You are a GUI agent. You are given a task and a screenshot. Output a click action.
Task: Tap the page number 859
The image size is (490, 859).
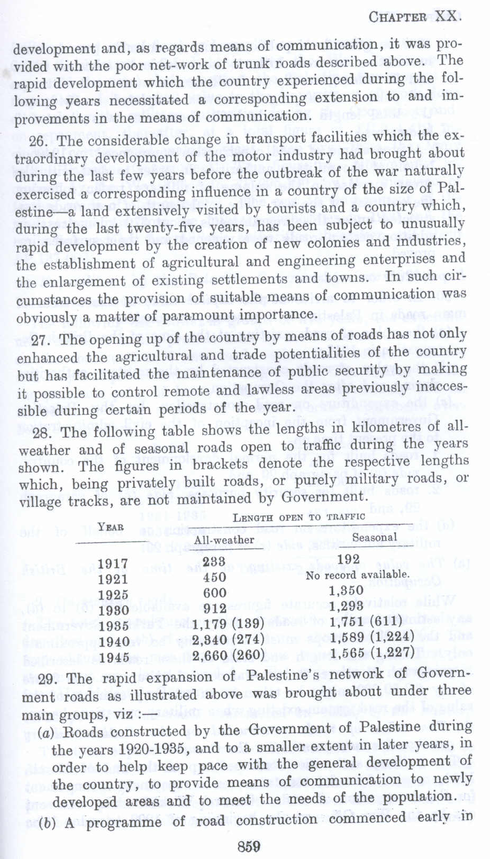pos(249,845)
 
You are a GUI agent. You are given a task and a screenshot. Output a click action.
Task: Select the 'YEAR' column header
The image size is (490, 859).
pos(111,526)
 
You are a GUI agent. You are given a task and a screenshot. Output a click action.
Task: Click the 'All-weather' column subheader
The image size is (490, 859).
pos(224,540)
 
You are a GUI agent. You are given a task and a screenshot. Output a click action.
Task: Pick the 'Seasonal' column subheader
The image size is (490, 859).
pos(375,537)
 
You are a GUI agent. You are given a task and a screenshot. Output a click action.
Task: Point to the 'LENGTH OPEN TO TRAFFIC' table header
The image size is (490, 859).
pos(298,517)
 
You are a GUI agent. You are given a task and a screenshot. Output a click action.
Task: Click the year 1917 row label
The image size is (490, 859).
pos(113,563)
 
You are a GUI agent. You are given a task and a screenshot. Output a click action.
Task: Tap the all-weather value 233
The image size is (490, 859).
pos(214,561)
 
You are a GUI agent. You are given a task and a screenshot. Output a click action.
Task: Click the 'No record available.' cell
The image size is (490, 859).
pos(357,575)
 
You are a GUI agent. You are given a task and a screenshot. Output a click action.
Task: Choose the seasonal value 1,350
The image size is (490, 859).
pos(346,590)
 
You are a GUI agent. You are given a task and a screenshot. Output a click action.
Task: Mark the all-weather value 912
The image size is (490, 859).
pos(214,609)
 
